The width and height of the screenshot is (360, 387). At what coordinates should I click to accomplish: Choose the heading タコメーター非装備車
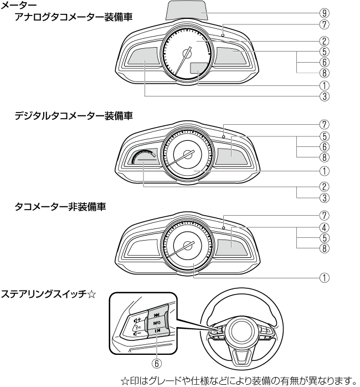60,206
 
